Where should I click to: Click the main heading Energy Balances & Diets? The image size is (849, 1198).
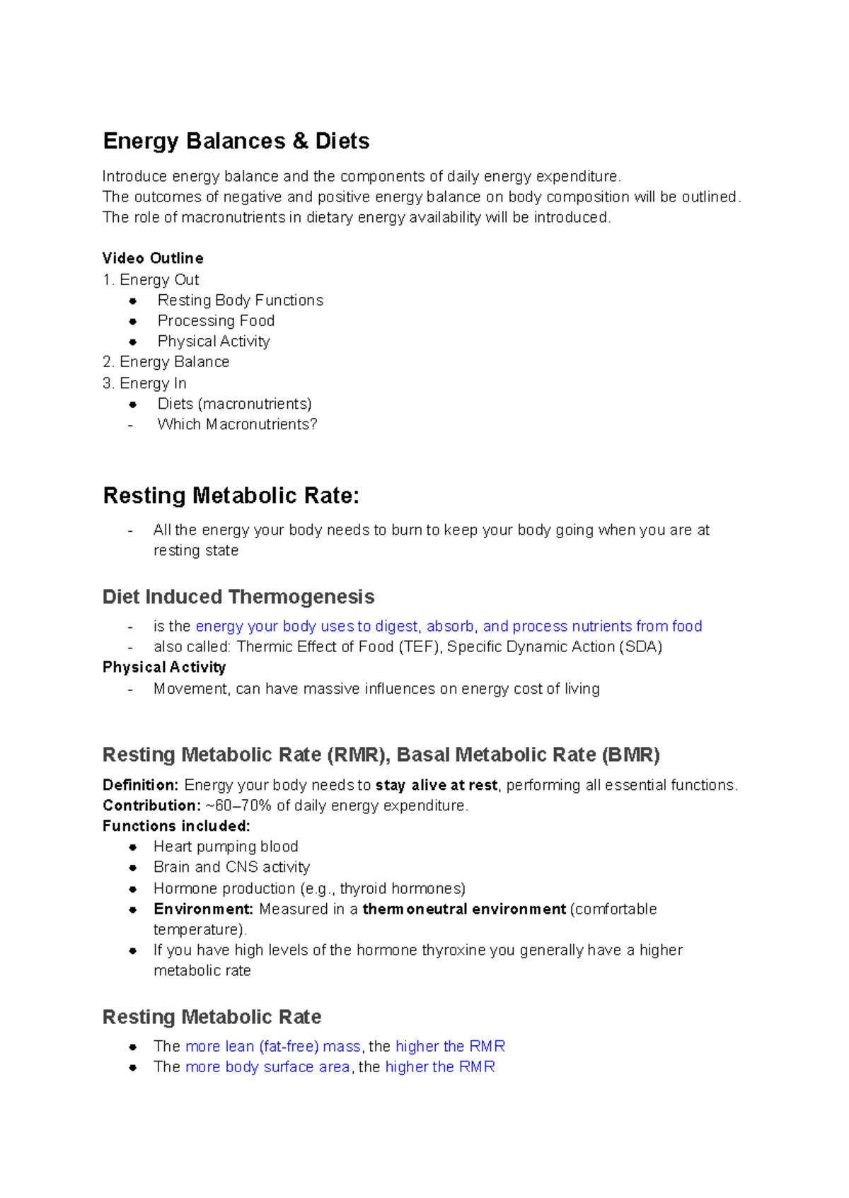click(236, 141)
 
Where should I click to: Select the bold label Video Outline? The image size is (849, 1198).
click(153, 258)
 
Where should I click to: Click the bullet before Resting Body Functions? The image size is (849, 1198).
click(132, 301)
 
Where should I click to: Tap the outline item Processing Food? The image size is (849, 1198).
click(216, 321)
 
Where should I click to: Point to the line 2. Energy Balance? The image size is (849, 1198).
click(166, 362)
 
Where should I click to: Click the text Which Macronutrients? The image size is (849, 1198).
click(237, 424)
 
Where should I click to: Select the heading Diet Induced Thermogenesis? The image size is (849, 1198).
click(238, 597)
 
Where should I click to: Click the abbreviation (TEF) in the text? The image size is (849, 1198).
click(420, 647)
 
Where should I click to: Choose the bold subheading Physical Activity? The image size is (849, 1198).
click(164, 668)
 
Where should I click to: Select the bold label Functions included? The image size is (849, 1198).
click(176, 826)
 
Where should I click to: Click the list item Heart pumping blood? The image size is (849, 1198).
click(226, 847)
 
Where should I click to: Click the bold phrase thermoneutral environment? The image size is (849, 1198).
click(464, 909)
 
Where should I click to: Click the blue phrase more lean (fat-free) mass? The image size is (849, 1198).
click(273, 1046)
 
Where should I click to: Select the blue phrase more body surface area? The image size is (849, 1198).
click(267, 1066)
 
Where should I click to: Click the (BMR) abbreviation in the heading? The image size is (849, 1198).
click(630, 755)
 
